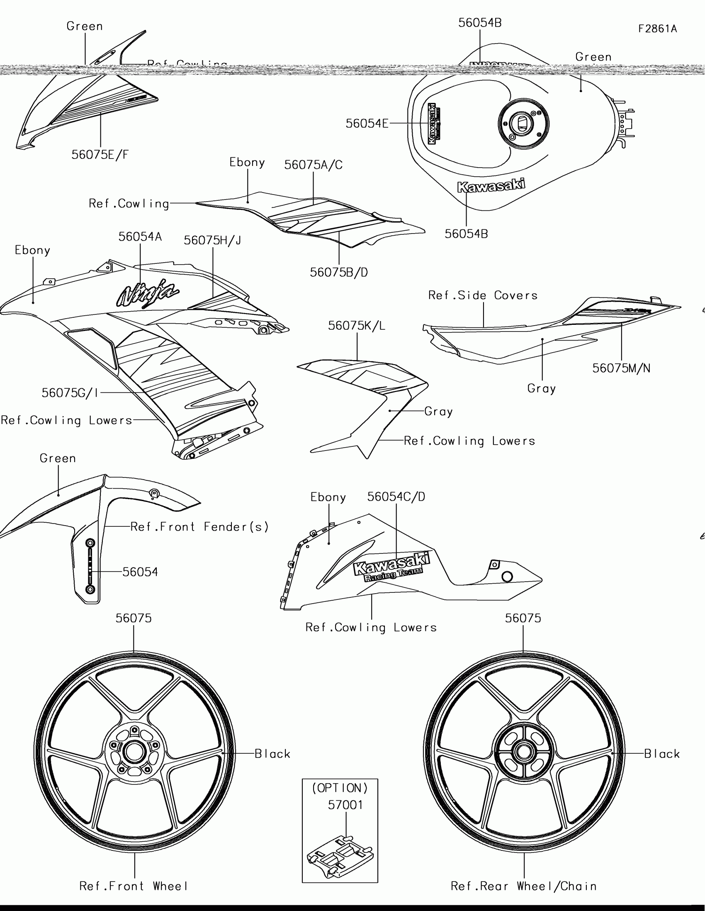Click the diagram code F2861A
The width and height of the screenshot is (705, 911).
pyautogui.click(x=657, y=29)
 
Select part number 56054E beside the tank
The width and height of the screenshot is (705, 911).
pyautogui.click(x=367, y=124)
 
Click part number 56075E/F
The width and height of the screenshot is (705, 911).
pyautogui.click(x=100, y=155)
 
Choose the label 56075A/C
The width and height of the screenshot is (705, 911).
pyautogui.click(x=313, y=165)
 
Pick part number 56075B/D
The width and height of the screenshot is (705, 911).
pyautogui.click(x=338, y=273)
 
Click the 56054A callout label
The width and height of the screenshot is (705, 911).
pyautogui.click(x=140, y=237)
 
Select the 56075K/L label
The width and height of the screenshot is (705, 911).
pyautogui.click(x=357, y=326)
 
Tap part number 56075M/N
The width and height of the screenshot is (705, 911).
pyautogui.click(x=621, y=368)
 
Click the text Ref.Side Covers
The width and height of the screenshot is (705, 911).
pyautogui.click(x=483, y=295)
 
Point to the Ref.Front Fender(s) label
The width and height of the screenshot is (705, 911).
pyautogui.click(x=200, y=527)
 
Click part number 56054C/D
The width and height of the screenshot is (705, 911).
pyautogui.click(x=396, y=497)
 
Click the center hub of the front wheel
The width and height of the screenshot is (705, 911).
pyautogui.click(x=134, y=753)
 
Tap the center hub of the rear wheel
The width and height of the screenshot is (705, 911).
pyautogui.click(x=523, y=752)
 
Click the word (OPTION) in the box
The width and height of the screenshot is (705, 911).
pyautogui.click(x=340, y=788)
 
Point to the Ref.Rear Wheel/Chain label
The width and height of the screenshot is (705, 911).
pyautogui.click(x=524, y=886)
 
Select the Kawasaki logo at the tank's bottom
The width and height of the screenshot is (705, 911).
pyautogui.click(x=491, y=186)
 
